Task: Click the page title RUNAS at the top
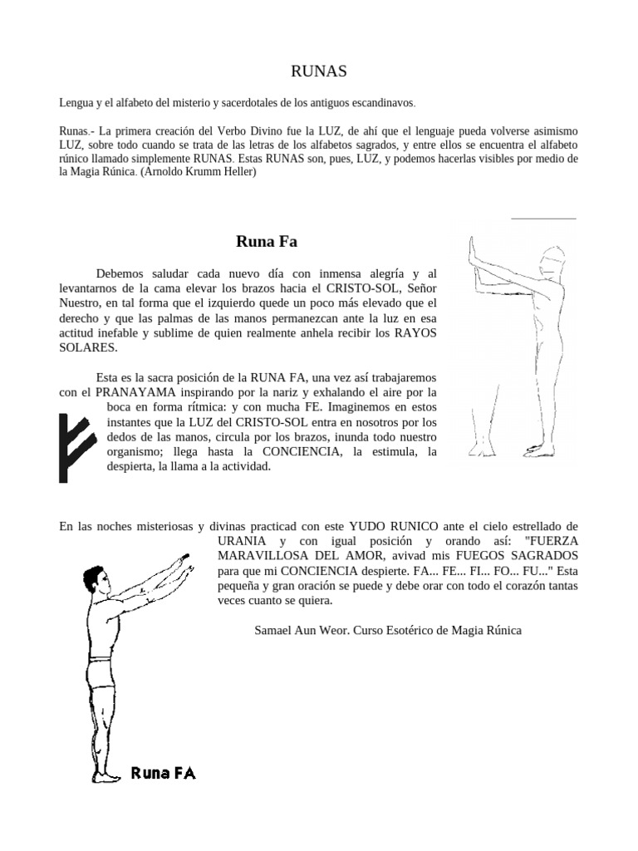click(318, 72)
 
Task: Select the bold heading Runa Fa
click(267, 242)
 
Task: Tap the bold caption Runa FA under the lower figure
click(164, 774)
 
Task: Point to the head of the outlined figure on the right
click(550, 264)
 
